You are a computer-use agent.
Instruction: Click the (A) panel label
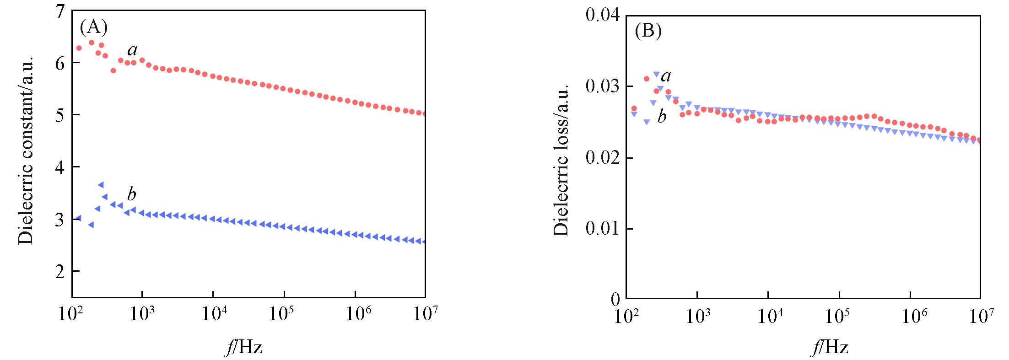point(93,28)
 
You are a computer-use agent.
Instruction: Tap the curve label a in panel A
point(132,50)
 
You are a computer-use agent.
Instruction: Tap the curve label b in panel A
point(132,195)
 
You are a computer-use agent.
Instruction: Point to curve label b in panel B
point(662,117)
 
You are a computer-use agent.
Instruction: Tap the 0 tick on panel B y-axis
point(615,299)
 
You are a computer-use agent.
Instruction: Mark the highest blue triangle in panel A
point(101,184)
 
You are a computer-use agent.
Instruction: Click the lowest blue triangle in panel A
point(423,242)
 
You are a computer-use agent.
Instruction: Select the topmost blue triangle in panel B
point(656,74)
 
